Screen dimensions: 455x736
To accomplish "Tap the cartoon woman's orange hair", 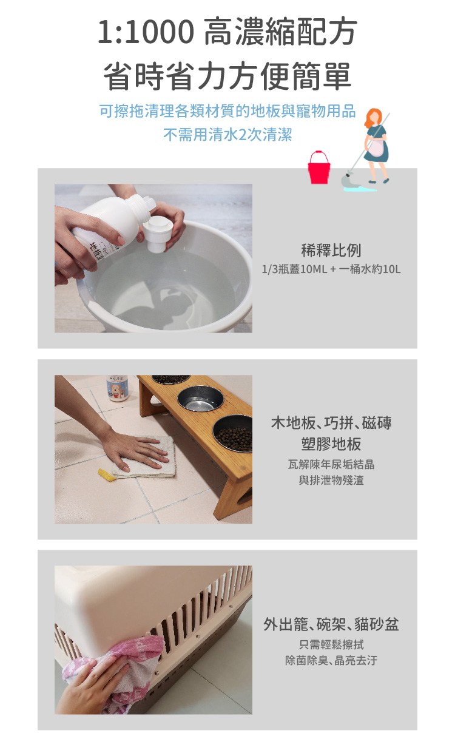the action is pyautogui.click(x=374, y=118).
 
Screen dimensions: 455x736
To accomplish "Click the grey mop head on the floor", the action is pyautogui.click(x=347, y=180).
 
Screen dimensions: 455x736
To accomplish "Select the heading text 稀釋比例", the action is pyautogui.click(x=331, y=251).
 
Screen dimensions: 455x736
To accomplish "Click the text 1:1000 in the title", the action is pyautogui.click(x=146, y=32).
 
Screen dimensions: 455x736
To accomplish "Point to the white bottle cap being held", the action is pyautogui.click(x=158, y=234).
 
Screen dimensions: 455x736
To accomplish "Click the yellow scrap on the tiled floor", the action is pyautogui.click(x=107, y=475).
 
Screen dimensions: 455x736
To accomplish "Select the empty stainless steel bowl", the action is pyautogui.click(x=200, y=399).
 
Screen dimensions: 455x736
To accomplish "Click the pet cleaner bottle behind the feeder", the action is pyautogui.click(x=117, y=388).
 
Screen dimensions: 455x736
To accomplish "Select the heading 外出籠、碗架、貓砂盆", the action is pyautogui.click(x=331, y=624).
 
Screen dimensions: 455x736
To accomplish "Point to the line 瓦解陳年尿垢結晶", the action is pyautogui.click(x=331, y=464).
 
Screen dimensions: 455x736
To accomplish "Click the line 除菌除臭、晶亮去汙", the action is pyautogui.click(x=331, y=660).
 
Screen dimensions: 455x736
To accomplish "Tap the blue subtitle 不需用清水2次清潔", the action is pyautogui.click(x=227, y=134).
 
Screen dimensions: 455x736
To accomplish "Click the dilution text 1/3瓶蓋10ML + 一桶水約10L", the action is pyautogui.click(x=331, y=269).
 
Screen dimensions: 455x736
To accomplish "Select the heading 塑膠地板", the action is pyautogui.click(x=331, y=444).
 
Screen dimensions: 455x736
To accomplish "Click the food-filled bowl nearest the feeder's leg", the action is pyautogui.click(x=233, y=433).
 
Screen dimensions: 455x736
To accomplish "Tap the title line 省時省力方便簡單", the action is pyautogui.click(x=227, y=76).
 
